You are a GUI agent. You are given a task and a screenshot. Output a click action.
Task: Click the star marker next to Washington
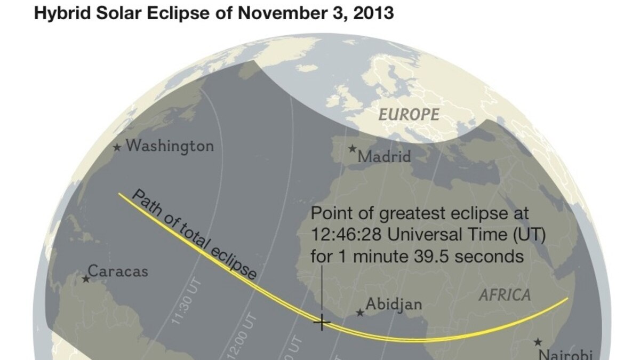pyautogui.click(x=117, y=147)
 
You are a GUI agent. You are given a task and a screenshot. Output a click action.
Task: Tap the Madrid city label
pyautogui.click(x=384, y=157)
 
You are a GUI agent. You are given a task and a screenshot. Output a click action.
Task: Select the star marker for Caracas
pyautogui.click(x=86, y=278)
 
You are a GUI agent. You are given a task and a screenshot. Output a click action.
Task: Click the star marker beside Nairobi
pyautogui.click(x=538, y=342)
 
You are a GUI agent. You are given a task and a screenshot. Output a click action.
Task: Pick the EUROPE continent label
pyautogui.click(x=409, y=115)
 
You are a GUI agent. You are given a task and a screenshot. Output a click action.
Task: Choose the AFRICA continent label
pyautogui.click(x=505, y=295)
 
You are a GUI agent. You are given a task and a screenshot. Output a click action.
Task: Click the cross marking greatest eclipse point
pyautogui.click(x=322, y=322)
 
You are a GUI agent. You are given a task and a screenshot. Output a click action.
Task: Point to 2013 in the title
pyautogui.click(x=375, y=13)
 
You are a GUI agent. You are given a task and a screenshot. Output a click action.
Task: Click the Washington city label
pyautogui.click(x=170, y=146)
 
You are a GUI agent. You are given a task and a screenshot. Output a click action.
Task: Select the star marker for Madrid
pyautogui.click(x=352, y=149)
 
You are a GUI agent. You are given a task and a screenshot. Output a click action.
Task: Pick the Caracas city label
pyautogui.click(x=118, y=271)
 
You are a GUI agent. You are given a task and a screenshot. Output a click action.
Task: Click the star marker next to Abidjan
pyautogui.click(x=361, y=313)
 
